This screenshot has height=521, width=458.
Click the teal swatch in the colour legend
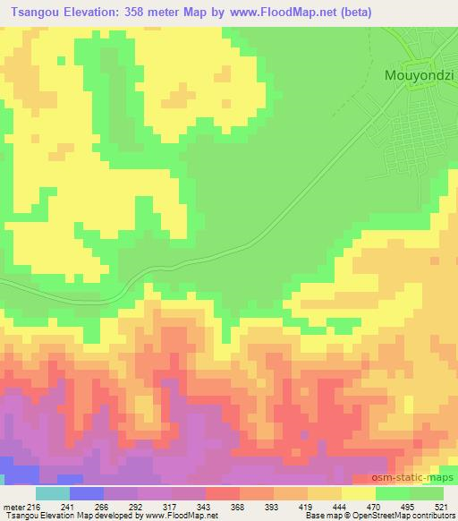[x=52, y=493]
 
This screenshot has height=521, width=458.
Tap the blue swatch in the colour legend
[x=86, y=493]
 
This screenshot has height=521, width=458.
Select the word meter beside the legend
[x=15, y=506]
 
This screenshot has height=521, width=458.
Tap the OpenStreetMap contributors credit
[x=411, y=516]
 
